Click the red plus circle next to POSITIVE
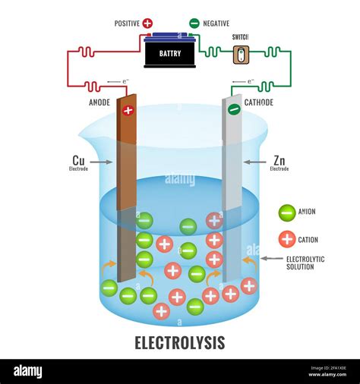(147, 24)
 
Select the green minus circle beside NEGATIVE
(194, 24)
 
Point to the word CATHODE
(259, 102)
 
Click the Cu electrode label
(78, 161)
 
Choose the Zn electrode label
(279, 161)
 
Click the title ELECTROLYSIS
(180, 342)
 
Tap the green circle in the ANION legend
(286, 212)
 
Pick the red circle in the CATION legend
(286, 239)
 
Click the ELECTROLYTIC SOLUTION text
(305, 263)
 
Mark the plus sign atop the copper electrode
(128, 110)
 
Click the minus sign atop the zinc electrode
(235, 110)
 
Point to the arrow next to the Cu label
(104, 162)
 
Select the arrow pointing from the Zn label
(253, 162)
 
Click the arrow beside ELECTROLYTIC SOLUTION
(271, 259)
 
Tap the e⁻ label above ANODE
(115, 82)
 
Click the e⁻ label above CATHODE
(248, 82)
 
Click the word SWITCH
(240, 36)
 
